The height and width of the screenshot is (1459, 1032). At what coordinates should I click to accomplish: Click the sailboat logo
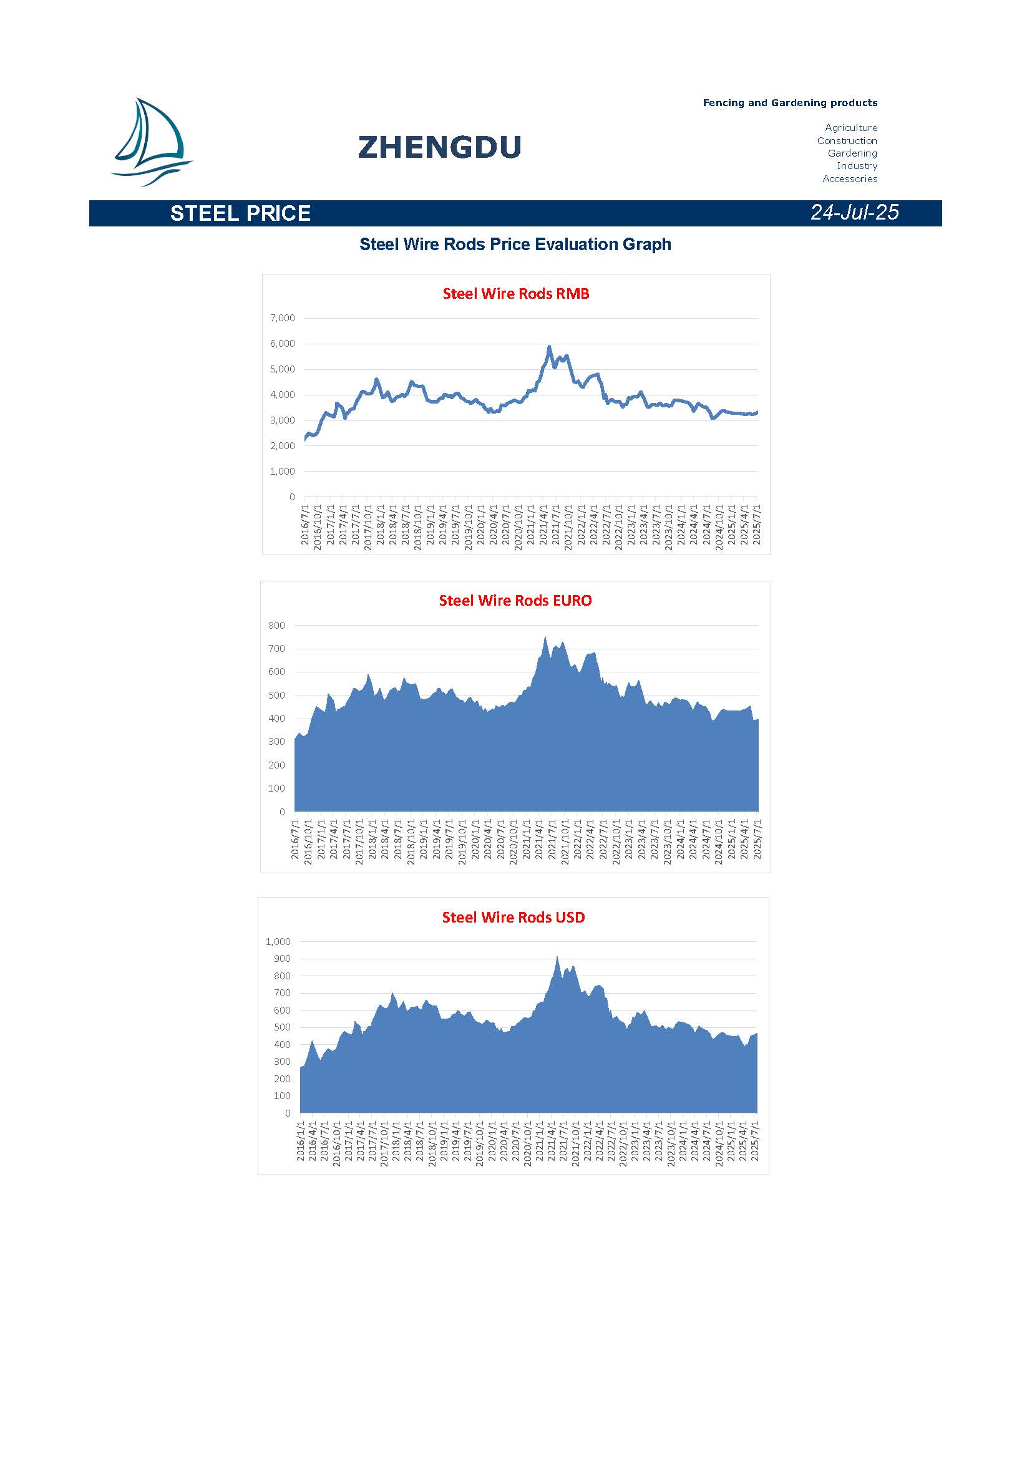pos(150,142)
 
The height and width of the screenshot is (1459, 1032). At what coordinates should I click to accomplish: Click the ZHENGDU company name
pos(440,147)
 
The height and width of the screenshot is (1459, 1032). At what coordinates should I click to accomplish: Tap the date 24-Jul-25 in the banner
pos(855,212)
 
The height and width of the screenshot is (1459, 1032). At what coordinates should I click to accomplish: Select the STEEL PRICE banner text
pos(240,213)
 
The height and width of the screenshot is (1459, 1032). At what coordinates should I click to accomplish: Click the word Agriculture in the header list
pos(851,128)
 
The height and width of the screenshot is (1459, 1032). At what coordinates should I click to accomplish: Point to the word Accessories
pos(850,179)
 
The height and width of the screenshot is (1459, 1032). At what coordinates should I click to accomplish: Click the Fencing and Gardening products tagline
pos(790,103)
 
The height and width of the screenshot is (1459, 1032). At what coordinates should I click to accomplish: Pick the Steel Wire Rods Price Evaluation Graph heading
pos(515,245)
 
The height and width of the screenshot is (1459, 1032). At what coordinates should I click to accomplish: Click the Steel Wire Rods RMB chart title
pos(516,294)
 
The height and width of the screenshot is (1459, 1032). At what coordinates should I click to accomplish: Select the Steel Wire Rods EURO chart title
pos(515,601)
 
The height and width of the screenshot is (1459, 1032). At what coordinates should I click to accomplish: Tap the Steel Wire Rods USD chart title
pos(514,918)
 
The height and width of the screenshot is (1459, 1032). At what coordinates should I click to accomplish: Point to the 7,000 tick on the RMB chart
pos(282,317)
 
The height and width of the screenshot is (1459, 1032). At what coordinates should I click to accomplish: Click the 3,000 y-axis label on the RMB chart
pos(282,420)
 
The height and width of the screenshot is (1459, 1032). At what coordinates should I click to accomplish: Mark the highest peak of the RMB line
pos(549,347)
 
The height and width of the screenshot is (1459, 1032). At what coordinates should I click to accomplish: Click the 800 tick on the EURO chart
pos(276,625)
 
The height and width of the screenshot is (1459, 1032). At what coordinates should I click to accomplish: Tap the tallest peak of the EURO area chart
pos(545,637)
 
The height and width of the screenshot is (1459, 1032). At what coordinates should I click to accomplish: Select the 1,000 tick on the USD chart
pos(278,941)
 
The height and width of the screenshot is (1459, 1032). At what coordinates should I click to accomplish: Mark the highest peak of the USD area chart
pos(557,956)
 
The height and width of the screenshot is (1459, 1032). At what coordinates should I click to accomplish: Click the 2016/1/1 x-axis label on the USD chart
pos(300,1142)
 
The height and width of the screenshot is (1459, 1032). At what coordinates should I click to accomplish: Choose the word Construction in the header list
pos(847,141)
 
